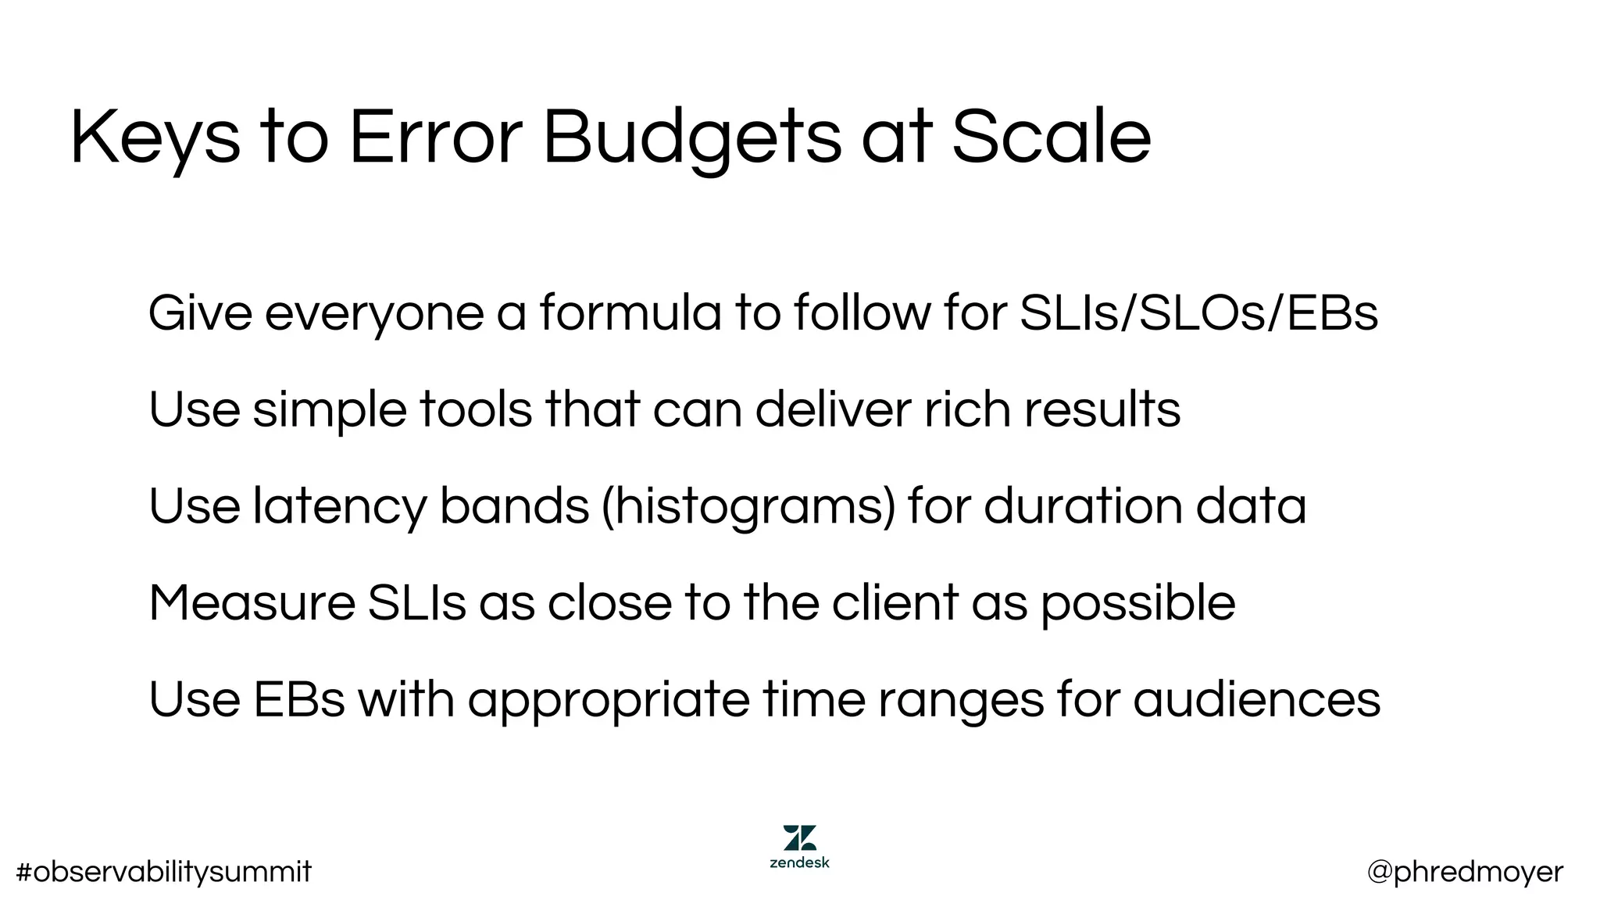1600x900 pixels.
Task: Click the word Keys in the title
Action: coord(155,139)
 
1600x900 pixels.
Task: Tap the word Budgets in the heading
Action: coord(691,139)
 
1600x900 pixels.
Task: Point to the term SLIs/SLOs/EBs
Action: coord(1199,312)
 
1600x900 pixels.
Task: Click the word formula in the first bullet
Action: coord(630,312)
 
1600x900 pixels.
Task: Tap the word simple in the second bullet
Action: coord(329,411)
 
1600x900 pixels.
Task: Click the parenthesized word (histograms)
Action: coord(748,506)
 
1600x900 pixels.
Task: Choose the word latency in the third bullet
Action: coord(339,506)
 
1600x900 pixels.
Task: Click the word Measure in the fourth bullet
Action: coord(251,602)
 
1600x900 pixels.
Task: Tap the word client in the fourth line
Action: coord(895,602)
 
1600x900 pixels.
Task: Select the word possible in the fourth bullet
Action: coord(1138,604)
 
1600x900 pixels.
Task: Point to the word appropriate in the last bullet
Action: coord(609,700)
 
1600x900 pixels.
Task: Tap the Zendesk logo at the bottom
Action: coord(799,846)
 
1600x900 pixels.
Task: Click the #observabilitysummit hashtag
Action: coord(164,871)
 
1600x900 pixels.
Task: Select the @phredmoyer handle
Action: coord(1465,871)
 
